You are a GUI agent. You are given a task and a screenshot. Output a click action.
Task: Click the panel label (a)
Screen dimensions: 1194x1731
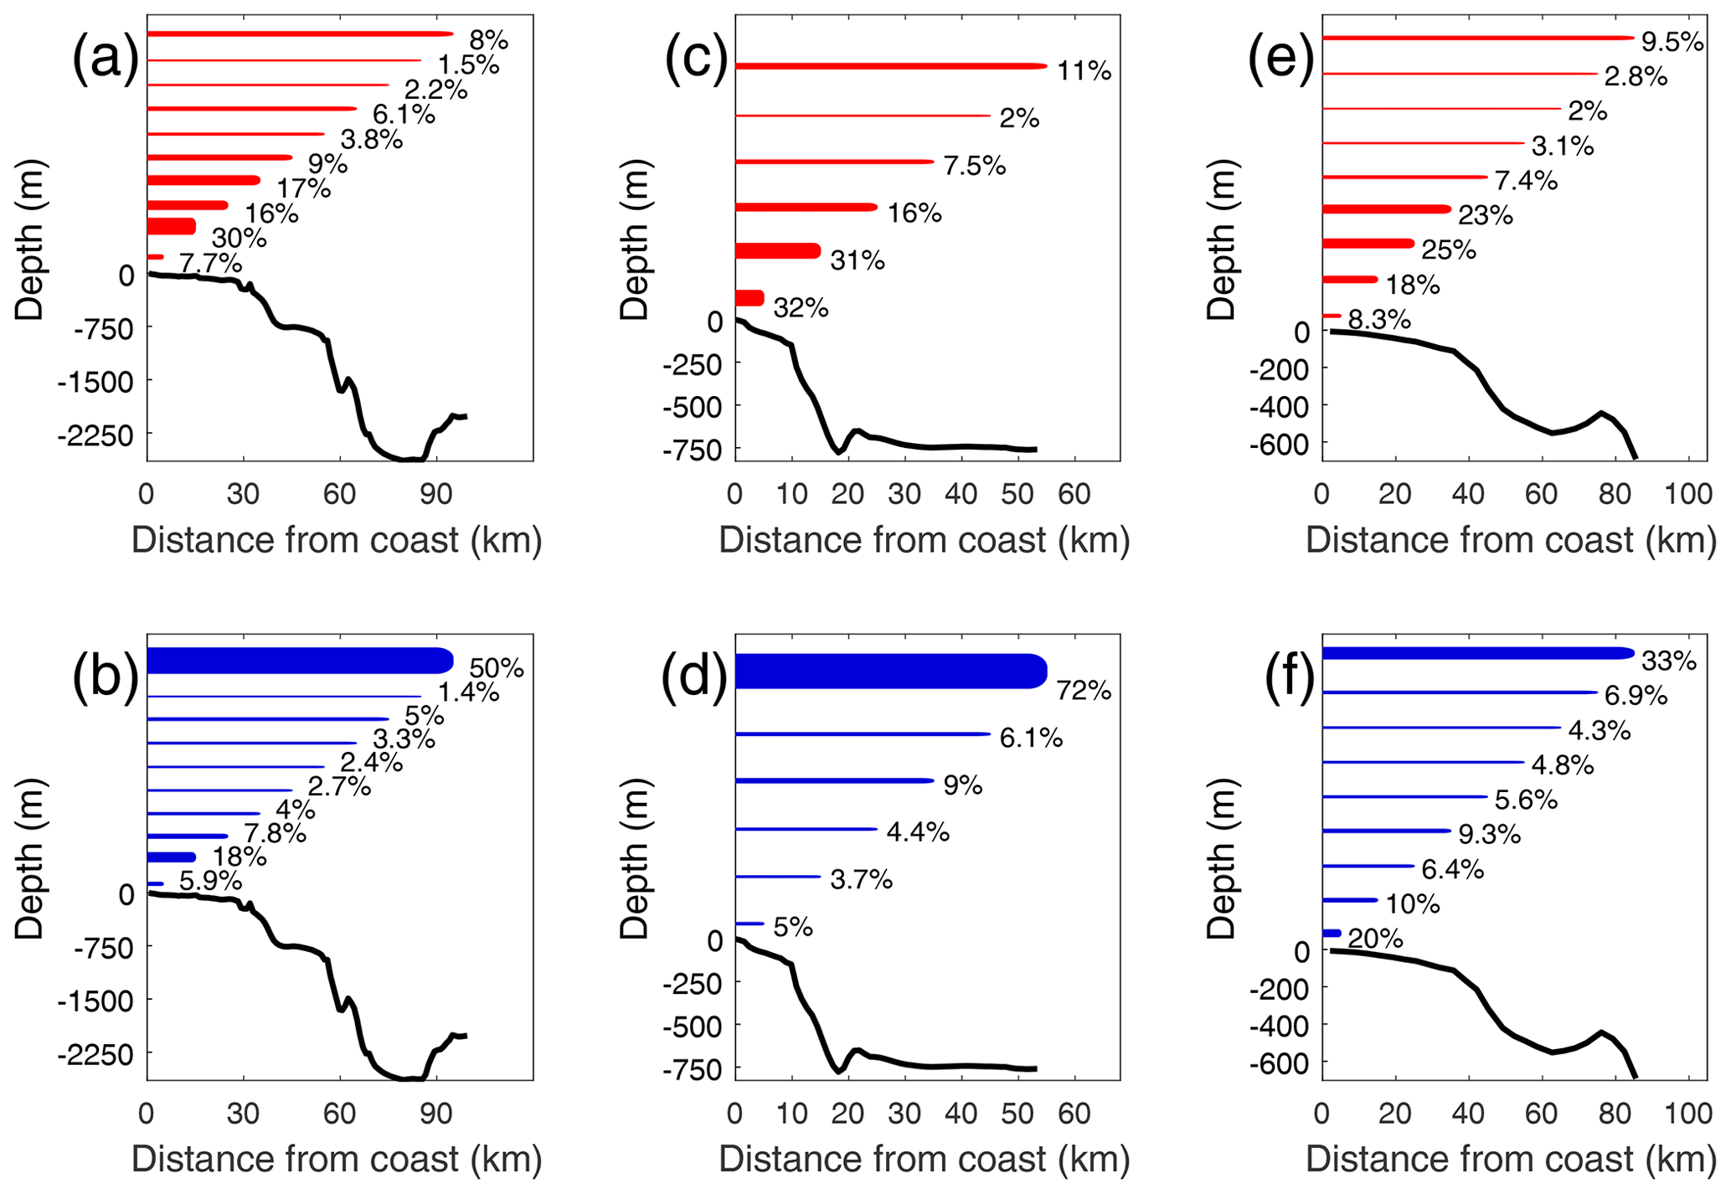105,62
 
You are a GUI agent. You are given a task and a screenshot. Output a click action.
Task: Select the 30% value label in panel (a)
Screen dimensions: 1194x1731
239,239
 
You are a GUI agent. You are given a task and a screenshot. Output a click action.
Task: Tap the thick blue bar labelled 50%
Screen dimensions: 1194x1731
299,661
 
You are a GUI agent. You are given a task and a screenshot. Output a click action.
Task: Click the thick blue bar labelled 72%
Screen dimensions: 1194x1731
890,672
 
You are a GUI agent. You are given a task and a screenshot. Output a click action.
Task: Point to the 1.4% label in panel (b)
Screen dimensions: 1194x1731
468,692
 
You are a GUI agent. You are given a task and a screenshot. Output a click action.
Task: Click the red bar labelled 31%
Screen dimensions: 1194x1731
777,250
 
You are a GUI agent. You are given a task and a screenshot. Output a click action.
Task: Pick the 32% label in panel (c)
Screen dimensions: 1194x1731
801,309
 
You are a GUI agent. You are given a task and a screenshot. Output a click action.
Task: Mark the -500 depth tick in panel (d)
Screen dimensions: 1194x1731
690,1027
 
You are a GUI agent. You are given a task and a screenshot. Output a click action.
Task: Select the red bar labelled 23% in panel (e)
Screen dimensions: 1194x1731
1386,209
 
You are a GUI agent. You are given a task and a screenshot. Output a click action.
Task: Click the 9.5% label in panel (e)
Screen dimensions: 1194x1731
1672,42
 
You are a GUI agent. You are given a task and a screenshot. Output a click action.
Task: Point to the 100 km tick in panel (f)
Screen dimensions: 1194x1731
1688,1114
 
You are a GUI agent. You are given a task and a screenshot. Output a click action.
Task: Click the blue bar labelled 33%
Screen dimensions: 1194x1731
1477,653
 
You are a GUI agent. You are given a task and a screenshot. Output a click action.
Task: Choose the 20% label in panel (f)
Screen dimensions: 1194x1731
1375,939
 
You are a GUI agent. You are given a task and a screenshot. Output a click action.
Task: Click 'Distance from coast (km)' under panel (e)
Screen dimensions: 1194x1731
1511,541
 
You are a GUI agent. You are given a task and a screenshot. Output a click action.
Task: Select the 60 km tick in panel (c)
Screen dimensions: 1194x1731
1074,495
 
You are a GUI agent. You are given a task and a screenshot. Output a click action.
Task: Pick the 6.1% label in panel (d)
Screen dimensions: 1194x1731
1031,739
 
